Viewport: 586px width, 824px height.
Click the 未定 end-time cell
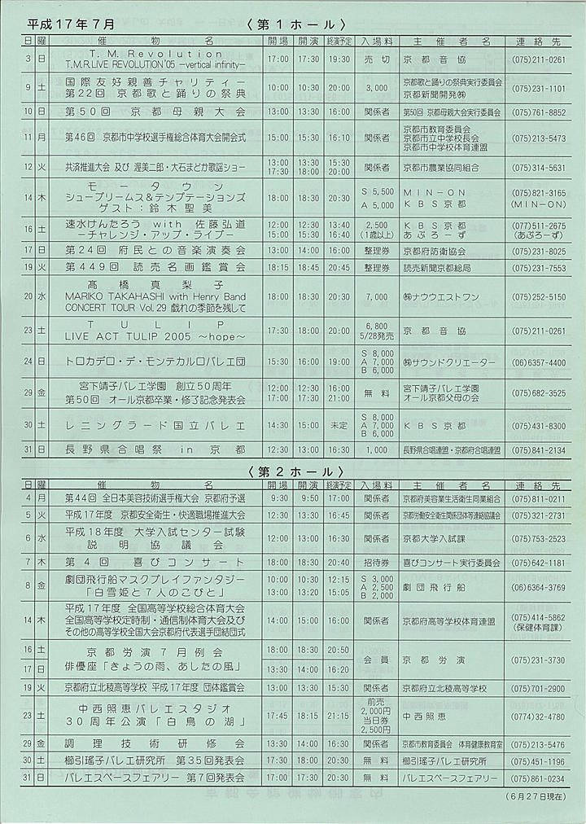339,426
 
